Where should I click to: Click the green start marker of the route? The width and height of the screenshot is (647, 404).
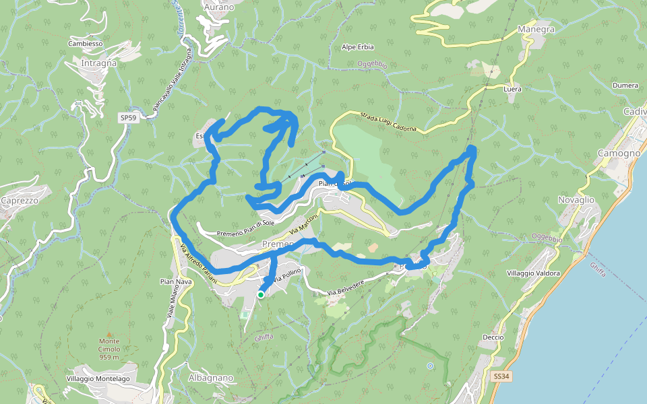(261, 294)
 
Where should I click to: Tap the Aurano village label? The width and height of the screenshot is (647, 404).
(218, 7)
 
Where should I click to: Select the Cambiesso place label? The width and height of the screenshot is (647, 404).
(85, 44)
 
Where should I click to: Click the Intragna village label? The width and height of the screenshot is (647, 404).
(98, 63)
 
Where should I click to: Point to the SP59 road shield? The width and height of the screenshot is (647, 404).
(128, 118)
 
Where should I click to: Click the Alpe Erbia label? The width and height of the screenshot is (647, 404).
(357, 47)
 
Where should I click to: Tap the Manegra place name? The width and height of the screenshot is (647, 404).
(536, 30)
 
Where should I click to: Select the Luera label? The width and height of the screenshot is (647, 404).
(512, 89)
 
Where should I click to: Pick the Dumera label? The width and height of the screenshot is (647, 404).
(625, 86)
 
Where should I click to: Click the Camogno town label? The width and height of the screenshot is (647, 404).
(618, 154)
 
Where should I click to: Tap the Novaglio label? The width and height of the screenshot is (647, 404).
(576, 200)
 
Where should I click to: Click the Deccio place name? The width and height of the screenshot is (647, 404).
(493, 337)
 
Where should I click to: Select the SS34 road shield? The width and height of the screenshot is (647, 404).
(500, 376)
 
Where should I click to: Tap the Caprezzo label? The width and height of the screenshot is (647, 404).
(20, 201)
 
